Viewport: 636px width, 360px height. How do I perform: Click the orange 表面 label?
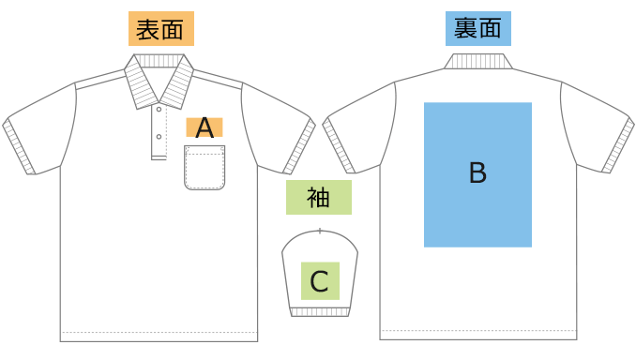coord(160,29)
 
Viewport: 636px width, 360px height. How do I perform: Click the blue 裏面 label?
coord(477,28)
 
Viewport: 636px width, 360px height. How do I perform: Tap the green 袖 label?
coord(319,198)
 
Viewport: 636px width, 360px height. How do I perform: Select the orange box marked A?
coord(204,127)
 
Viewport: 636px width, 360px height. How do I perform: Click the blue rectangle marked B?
coord(477,174)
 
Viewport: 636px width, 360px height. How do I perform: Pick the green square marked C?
coord(319,280)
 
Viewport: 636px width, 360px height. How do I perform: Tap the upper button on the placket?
coord(159,113)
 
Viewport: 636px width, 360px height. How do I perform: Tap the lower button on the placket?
coord(159,137)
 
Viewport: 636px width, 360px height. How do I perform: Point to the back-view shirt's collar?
coord(478,62)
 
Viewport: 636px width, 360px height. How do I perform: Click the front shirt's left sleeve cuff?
coord(21,148)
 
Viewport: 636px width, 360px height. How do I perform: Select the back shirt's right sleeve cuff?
coord(615,147)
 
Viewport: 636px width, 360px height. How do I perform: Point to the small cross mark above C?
coord(320,231)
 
